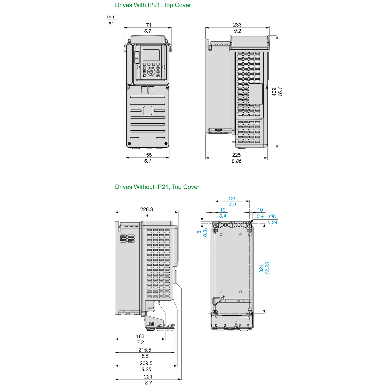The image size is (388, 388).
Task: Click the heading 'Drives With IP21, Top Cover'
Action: [153, 5]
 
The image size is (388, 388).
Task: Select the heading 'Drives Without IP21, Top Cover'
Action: [157, 187]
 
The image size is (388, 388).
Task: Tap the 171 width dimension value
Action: [147, 25]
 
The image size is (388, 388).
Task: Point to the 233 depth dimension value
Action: [237, 25]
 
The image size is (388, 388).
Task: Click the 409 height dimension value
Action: [274, 92]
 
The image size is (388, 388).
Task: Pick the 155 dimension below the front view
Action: [147, 155]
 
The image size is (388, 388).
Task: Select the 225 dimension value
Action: [236, 155]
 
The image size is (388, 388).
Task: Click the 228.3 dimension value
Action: [146, 210]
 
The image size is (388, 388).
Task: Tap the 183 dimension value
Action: [140, 336]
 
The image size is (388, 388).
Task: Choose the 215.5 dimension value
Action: [145, 350]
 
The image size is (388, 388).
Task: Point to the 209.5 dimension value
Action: [146, 363]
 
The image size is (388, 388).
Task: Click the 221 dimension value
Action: [148, 377]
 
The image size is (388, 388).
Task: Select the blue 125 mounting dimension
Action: [232, 199]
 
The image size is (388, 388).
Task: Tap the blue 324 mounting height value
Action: [261, 268]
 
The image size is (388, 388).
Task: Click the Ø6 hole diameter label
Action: [272, 217]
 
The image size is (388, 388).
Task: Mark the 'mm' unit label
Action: [111, 17]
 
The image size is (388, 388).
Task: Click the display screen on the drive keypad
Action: [151, 55]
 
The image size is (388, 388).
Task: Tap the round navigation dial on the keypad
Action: [151, 72]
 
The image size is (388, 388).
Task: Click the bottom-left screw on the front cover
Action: [130, 144]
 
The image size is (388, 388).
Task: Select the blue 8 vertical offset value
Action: [199, 232]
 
